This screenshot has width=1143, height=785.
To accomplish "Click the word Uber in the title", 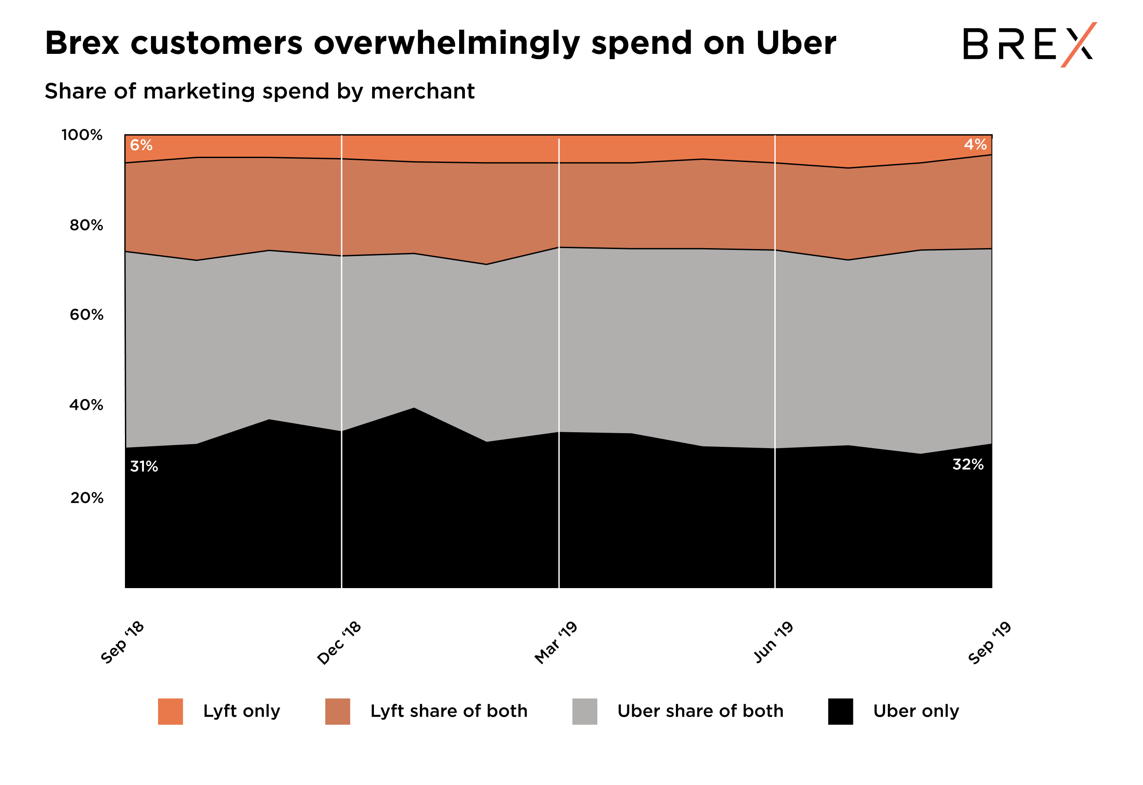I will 795,43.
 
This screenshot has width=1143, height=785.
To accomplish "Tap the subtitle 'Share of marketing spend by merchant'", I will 260,91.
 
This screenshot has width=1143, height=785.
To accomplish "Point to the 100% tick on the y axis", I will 82,135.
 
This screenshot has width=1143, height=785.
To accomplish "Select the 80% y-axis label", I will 86,225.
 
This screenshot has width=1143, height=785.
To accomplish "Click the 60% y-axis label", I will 86,315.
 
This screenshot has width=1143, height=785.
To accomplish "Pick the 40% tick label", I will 86,405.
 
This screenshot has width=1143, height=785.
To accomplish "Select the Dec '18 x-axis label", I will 339,643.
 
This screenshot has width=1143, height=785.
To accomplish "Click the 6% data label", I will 141,145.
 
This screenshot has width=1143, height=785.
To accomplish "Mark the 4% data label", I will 975,145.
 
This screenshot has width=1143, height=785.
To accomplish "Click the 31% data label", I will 143,466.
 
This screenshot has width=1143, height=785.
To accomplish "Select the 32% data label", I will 968,464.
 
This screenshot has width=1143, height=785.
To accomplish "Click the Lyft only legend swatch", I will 170,711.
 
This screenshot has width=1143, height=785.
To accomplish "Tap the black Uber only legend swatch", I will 841,711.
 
